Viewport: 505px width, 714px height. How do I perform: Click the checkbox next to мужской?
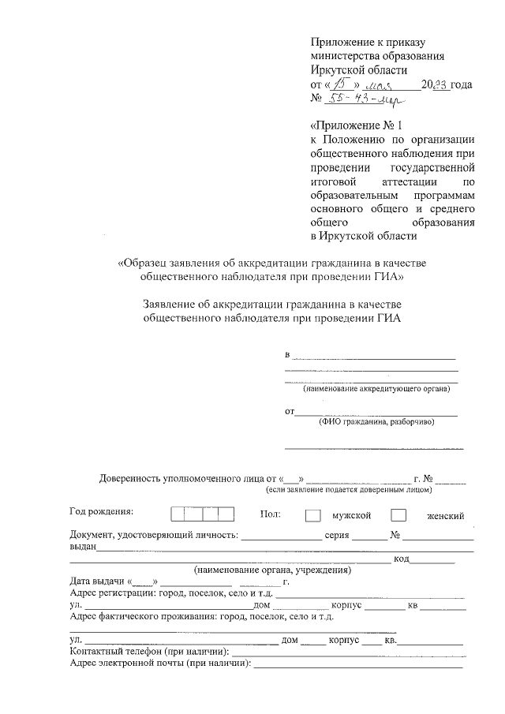(313, 515)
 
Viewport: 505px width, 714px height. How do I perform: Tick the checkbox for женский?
(399, 515)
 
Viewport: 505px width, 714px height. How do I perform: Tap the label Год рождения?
(101, 512)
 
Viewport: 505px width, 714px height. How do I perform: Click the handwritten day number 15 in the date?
(342, 84)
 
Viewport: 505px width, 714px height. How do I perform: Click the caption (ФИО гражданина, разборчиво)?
(376, 422)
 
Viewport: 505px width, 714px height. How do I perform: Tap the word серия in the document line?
(337, 535)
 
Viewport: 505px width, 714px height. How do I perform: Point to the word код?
(400, 559)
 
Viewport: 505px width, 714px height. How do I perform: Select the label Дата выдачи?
(98, 582)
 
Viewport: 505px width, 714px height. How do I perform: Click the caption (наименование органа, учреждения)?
(272, 570)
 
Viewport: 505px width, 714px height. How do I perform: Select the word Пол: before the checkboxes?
(271, 514)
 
